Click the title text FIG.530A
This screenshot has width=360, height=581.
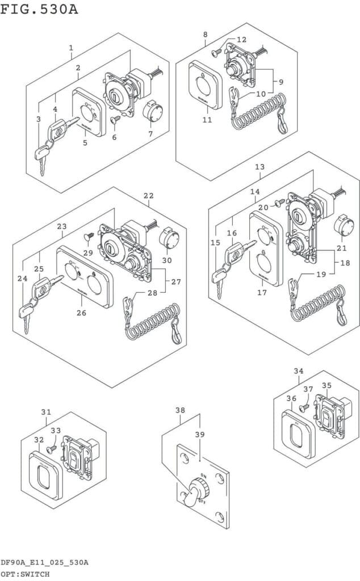[39, 10]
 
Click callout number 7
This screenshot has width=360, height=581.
[150, 133]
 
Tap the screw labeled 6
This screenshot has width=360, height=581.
[116, 119]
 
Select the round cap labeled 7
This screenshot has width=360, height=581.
[152, 110]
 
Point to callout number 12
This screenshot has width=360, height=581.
[242, 40]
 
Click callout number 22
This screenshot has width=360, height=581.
[148, 196]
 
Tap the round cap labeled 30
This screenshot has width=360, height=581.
[169, 237]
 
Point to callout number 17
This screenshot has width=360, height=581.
[262, 293]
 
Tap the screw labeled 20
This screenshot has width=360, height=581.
[279, 202]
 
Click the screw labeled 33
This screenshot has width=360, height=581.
[51, 448]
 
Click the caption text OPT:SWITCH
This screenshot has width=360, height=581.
[26, 574]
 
